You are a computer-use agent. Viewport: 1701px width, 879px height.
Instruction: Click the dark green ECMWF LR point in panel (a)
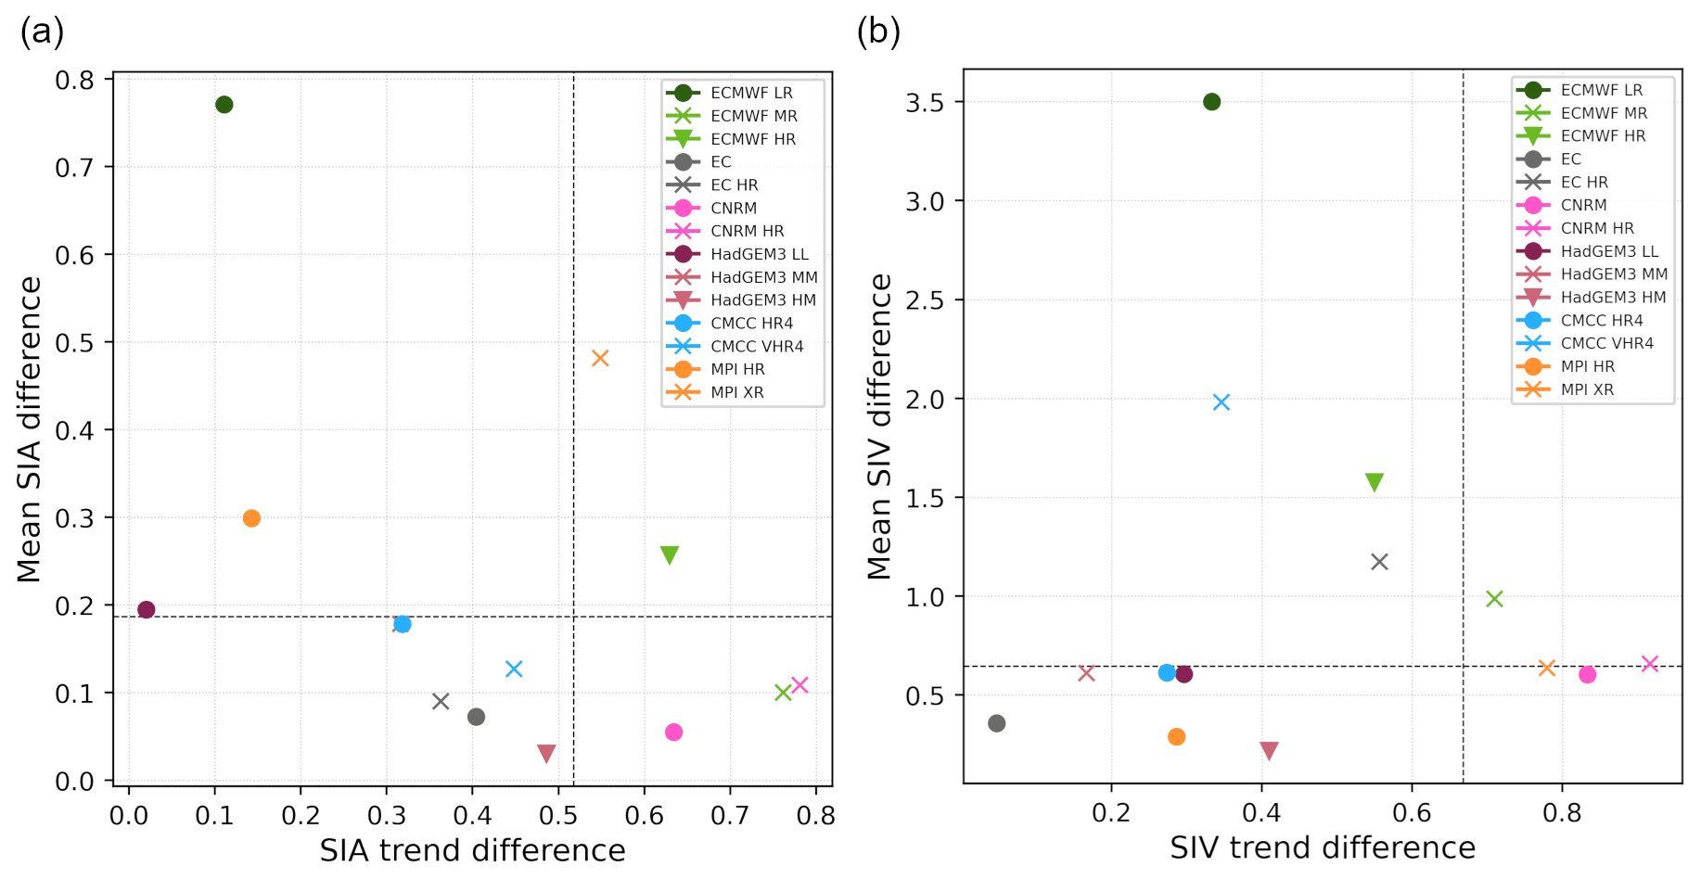[224, 105]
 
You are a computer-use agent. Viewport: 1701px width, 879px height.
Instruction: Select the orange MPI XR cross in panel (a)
[600, 358]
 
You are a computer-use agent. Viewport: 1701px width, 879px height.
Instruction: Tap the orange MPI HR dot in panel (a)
[251, 518]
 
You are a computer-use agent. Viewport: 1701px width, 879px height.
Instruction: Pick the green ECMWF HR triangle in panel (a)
[669, 554]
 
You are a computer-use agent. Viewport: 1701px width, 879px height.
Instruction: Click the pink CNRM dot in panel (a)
[674, 732]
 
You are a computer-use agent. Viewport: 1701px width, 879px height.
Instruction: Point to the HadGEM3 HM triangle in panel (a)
[546, 753]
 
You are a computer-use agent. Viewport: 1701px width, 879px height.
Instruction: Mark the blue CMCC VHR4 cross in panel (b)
[1221, 401]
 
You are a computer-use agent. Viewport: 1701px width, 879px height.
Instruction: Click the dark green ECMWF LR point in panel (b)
[1212, 102]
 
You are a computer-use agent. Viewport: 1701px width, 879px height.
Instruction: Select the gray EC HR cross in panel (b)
[1379, 562]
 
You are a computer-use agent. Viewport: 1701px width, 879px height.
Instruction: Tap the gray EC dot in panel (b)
[997, 723]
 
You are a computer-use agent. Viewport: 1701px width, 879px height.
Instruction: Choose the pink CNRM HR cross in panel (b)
[1650, 664]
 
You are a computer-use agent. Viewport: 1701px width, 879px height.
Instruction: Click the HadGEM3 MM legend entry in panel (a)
[763, 277]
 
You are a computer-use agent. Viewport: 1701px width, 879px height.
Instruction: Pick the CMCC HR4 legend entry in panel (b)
[1601, 321]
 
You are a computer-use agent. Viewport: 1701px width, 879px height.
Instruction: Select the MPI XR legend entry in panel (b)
[1586, 389]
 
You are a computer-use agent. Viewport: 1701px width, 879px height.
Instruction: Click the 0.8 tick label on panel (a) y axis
[74, 80]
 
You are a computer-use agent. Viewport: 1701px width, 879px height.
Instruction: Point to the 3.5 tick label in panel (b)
[925, 102]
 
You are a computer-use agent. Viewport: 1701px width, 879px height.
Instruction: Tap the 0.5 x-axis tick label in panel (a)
[558, 816]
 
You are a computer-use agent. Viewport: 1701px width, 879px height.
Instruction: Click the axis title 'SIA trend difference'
[472, 850]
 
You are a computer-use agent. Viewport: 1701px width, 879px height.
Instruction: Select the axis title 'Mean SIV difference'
[879, 427]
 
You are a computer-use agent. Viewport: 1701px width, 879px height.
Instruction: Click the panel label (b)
[877, 32]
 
